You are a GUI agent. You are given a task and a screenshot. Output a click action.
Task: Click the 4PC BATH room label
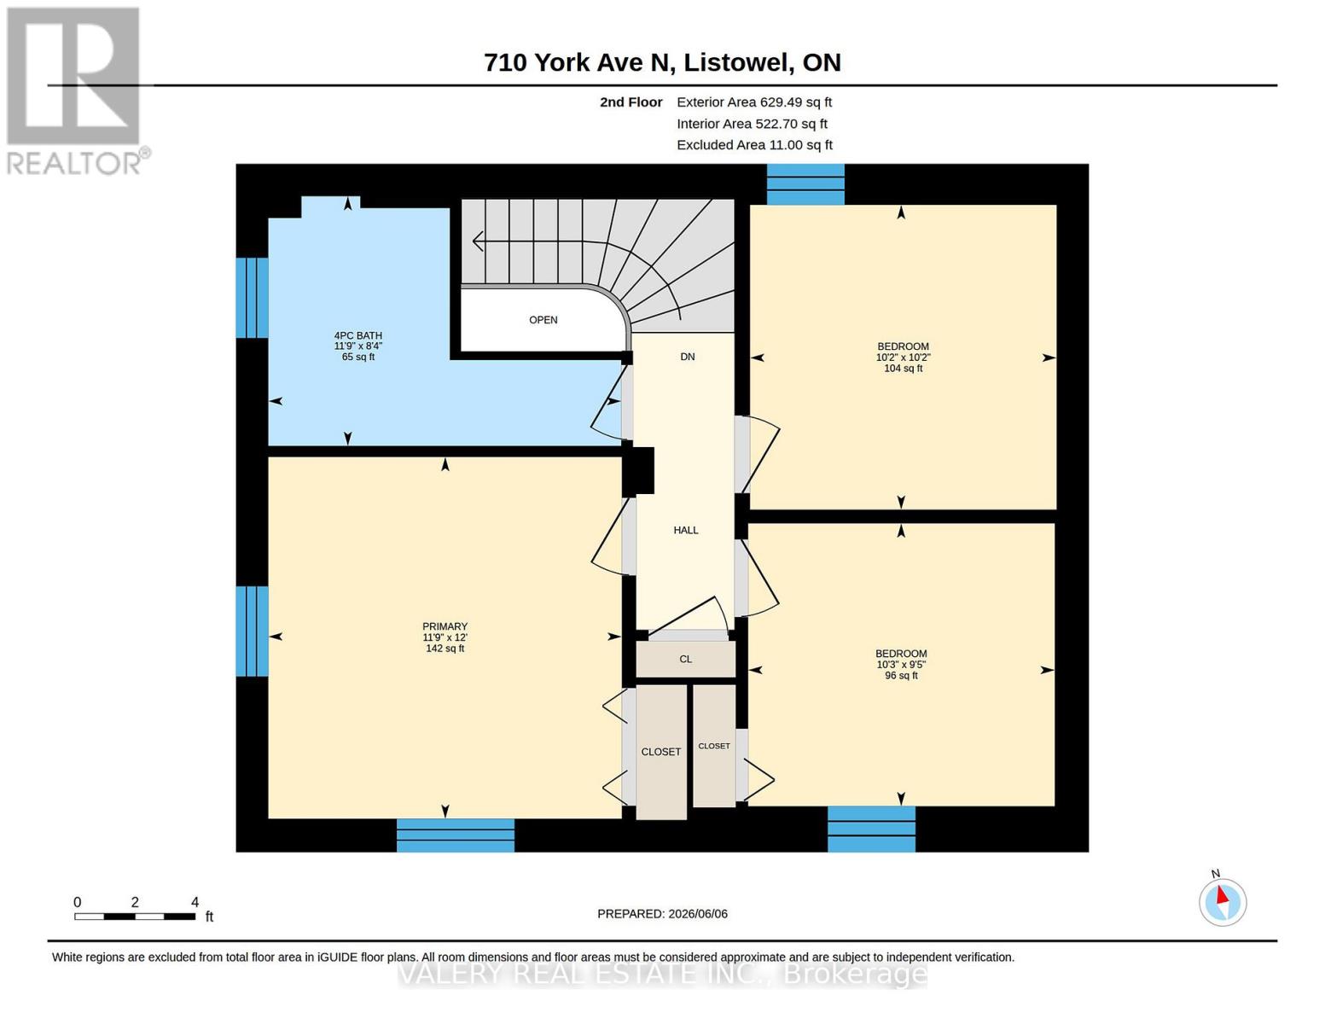[x=358, y=335]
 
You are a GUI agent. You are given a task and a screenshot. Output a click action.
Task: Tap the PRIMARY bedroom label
[x=445, y=626]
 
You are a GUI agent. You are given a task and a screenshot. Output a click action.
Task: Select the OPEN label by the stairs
[x=543, y=320]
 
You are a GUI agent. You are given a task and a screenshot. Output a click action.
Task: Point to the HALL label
[x=686, y=530]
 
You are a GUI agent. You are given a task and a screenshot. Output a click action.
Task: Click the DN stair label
[x=687, y=357]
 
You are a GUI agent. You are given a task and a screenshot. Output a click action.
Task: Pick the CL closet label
[x=685, y=659]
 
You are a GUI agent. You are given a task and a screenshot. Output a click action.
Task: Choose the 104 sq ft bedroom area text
[x=903, y=369]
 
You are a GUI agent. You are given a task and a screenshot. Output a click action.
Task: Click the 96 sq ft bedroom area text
[x=901, y=675]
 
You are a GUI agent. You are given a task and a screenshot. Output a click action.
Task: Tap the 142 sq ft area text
[x=445, y=649]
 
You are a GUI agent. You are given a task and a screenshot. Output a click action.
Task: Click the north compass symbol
[x=1223, y=902]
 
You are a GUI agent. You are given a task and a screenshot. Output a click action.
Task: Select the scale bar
[x=135, y=916]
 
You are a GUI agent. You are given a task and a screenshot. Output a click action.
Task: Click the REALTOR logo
[x=76, y=91]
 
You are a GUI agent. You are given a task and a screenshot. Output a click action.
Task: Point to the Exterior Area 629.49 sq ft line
[x=754, y=102]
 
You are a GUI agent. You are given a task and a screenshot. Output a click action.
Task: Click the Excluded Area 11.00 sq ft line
[x=754, y=144]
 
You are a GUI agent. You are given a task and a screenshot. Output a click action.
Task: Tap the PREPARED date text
[x=662, y=914]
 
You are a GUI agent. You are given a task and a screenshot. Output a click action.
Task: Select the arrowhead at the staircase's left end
[x=478, y=241]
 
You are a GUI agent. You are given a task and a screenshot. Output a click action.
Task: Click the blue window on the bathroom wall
[x=252, y=298]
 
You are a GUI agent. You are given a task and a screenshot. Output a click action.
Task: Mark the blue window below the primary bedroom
[x=456, y=835]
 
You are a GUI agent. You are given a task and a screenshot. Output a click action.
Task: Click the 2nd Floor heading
[x=631, y=102]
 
